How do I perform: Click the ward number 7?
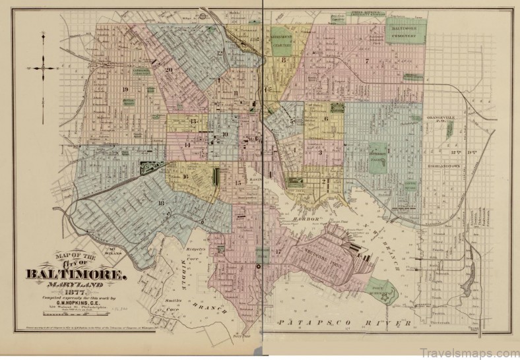click(365, 61)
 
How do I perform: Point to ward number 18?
click(161, 202)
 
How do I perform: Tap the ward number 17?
click(278, 251)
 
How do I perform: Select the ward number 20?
click(169, 70)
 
